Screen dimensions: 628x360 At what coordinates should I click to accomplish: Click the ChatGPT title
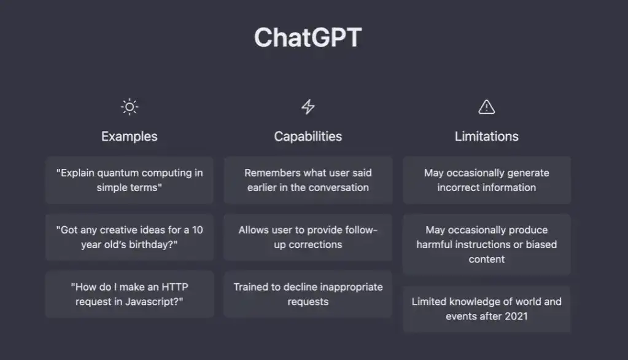[x=308, y=37]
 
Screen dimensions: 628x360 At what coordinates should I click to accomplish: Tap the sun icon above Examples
[x=130, y=107]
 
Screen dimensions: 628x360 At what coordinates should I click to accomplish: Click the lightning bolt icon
[x=308, y=107]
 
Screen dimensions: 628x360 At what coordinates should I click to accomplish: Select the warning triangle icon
[x=487, y=107]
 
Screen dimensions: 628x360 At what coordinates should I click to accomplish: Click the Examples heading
[x=130, y=136]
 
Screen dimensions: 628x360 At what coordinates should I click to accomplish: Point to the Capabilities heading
[x=308, y=136]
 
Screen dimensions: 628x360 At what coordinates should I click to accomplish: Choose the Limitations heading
[x=487, y=136]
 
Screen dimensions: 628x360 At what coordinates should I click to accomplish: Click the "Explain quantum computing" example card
[x=130, y=180]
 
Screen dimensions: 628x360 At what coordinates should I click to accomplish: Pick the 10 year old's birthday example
[x=130, y=237]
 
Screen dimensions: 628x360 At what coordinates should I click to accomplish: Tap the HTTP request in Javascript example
[x=130, y=294]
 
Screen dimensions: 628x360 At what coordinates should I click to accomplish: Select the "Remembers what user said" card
[x=308, y=180]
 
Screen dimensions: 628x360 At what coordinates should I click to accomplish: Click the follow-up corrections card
[x=308, y=237]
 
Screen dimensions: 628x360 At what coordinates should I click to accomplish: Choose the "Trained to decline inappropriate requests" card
[x=308, y=294]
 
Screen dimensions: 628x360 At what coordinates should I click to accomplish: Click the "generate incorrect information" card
[x=487, y=180]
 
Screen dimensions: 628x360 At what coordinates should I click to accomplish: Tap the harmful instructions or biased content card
[x=487, y=244]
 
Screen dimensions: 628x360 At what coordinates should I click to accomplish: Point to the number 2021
[x=516, y=316]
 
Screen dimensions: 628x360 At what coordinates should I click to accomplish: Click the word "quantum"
[x=118, y=173]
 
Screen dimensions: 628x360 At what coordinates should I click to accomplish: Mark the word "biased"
[x=541, y=245]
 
